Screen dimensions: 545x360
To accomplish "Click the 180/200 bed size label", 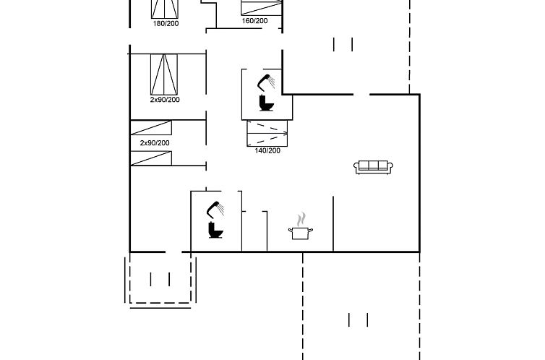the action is point(166,24).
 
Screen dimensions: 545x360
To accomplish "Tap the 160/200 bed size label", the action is point(254,21).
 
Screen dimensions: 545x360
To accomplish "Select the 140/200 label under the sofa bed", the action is point(267,151).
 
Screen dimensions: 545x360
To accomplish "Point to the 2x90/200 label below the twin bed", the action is point(165,100).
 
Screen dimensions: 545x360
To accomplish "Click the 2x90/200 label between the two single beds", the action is point(155,143).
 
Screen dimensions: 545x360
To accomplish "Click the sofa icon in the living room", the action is point(373,167).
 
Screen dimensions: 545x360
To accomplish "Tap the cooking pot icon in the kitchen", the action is point(301,233).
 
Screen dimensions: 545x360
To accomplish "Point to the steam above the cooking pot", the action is point(301,219).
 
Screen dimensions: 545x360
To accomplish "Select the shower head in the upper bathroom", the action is point(266,82).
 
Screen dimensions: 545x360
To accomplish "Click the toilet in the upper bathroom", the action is point(266,103).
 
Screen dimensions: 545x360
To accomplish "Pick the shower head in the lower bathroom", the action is point(215,210).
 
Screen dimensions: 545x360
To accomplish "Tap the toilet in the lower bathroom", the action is point(215,230).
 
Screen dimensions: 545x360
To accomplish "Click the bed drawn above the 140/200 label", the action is point(267,134).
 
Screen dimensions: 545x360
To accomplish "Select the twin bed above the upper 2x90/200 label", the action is point(164,74).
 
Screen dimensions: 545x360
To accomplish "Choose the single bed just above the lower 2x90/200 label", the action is point(151,127).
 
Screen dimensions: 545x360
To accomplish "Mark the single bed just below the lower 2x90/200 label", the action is point(151,158).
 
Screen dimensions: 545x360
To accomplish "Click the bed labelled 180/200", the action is point(165,9).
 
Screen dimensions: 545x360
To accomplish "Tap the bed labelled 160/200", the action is point(262,8).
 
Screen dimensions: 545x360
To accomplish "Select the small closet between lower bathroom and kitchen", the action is point(254,231).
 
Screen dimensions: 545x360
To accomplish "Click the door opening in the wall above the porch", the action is point(173,252).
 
